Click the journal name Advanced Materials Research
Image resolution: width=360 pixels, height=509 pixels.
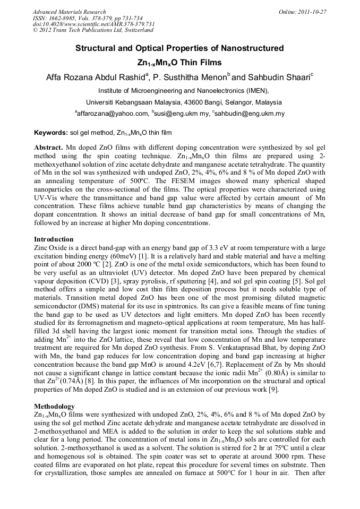[x=69, y=12]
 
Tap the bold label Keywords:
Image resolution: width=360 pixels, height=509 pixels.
[x=50, y=132]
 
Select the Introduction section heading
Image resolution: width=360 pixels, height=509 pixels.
[x=54, y=239]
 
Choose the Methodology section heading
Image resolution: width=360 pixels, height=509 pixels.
[x=55, y=407]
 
